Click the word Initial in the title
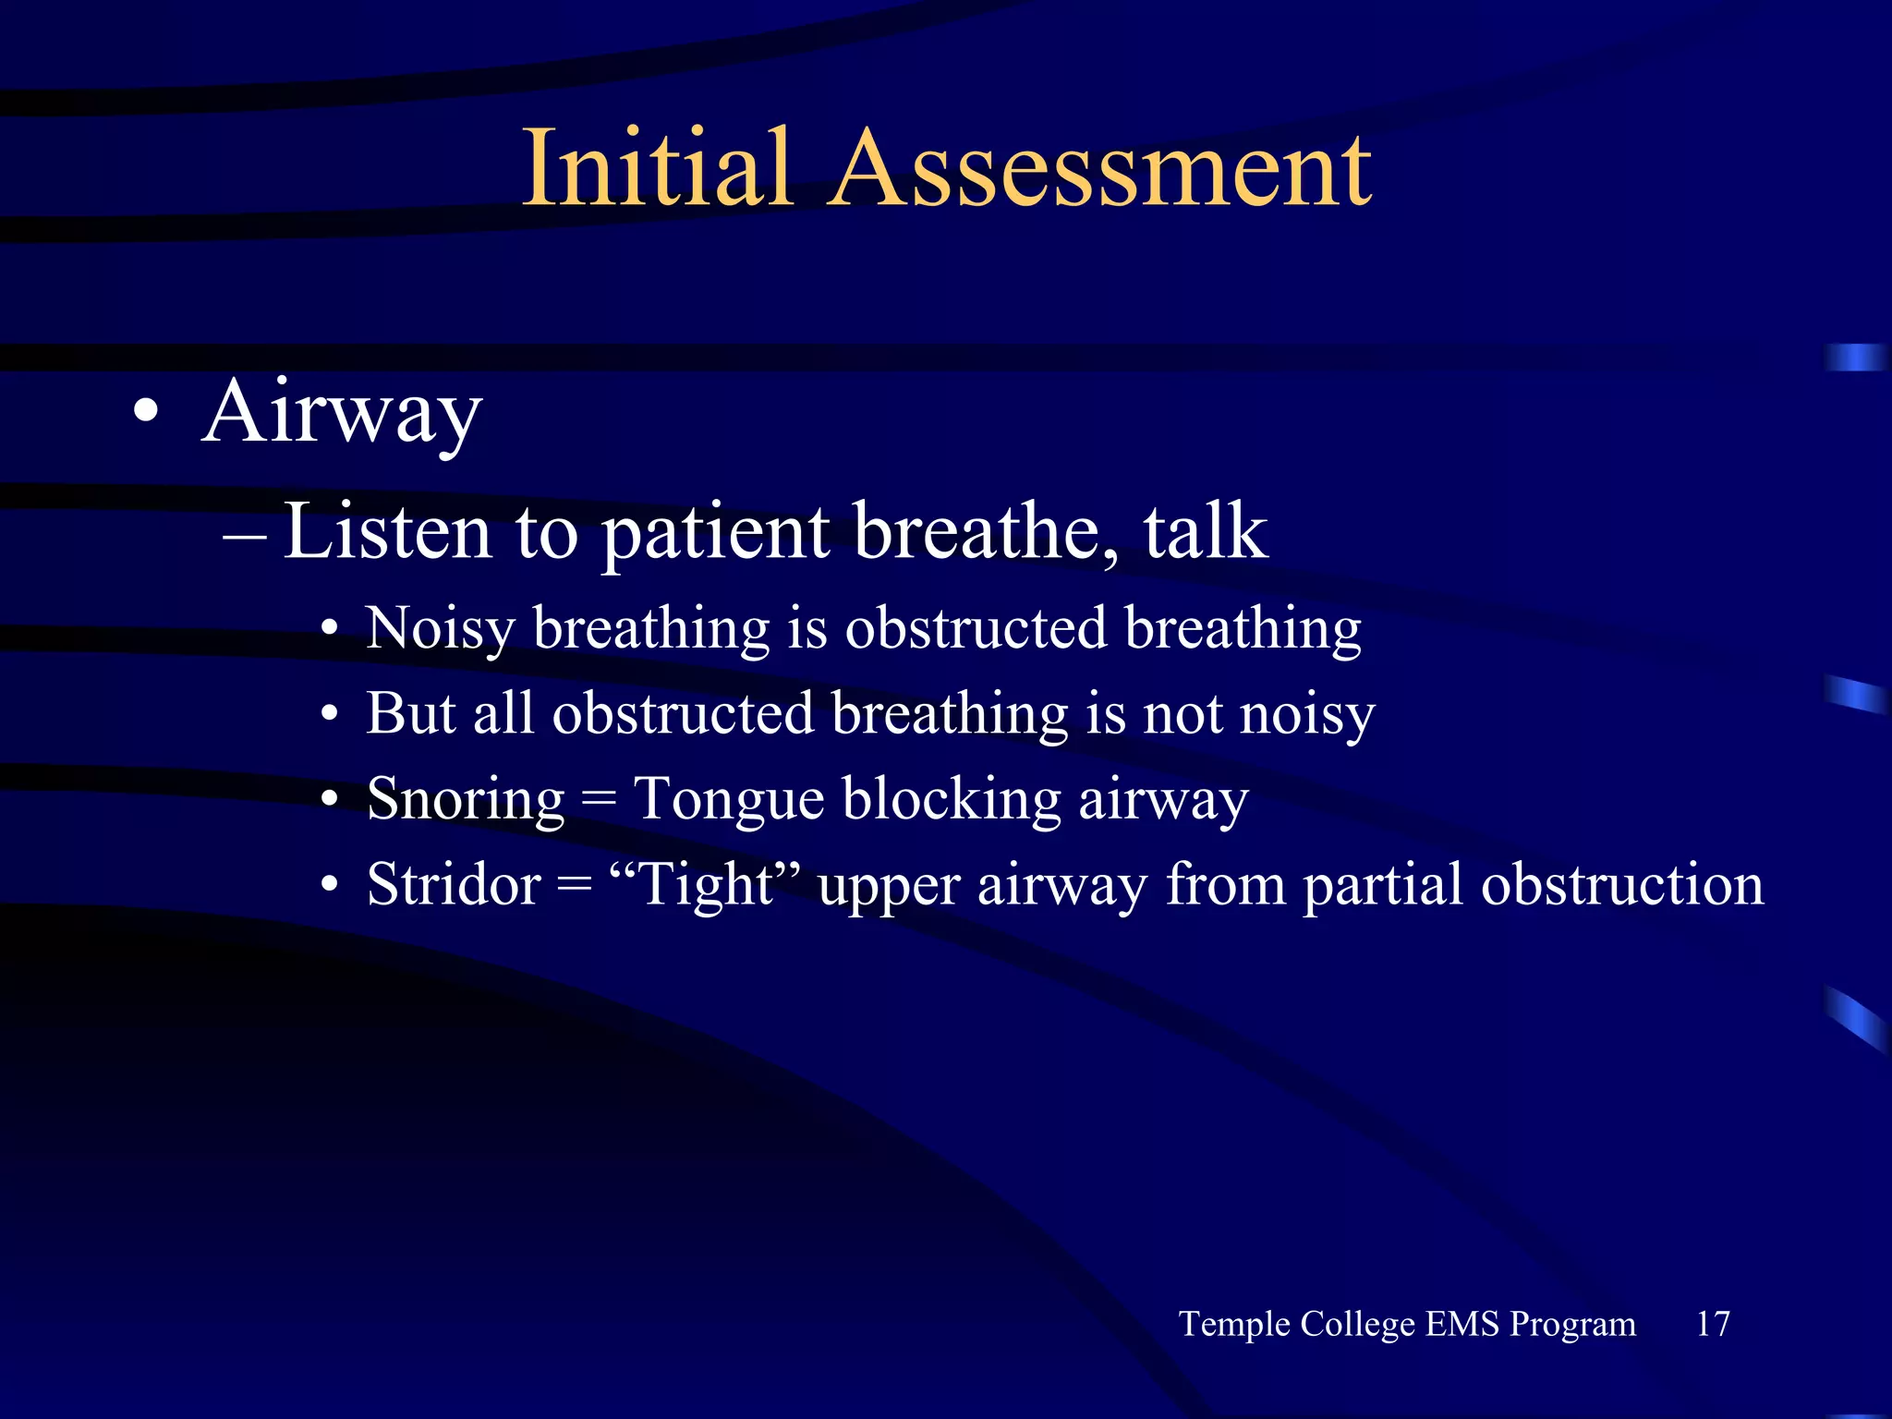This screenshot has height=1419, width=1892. pos(657,168)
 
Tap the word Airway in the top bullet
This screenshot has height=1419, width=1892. pos(342,413)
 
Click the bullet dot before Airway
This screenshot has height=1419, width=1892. pos(145,412)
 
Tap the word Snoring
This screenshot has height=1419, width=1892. pos(465,799)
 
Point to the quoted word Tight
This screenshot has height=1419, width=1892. pos(706,885)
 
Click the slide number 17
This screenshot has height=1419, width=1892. pos(1712,1323)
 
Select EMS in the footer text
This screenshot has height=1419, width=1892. pos(1461,1323)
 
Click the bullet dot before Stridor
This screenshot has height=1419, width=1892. pos(330,885)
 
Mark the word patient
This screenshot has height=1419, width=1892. pos(715,534)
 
